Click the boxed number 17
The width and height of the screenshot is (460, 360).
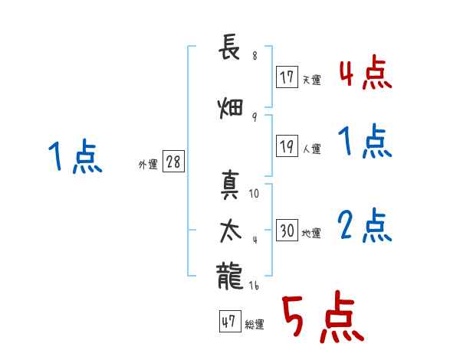(x=287, y=77)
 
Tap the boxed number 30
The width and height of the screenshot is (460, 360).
(x=287, y=231)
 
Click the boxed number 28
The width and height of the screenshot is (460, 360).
(x=173, y=162)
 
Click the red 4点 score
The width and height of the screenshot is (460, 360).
(x=365, y=74)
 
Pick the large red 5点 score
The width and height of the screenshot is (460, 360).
(x=322, y=319)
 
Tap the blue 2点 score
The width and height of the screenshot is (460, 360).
(x=365, y=227)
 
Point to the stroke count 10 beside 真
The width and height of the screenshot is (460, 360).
(x=255, y=195)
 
